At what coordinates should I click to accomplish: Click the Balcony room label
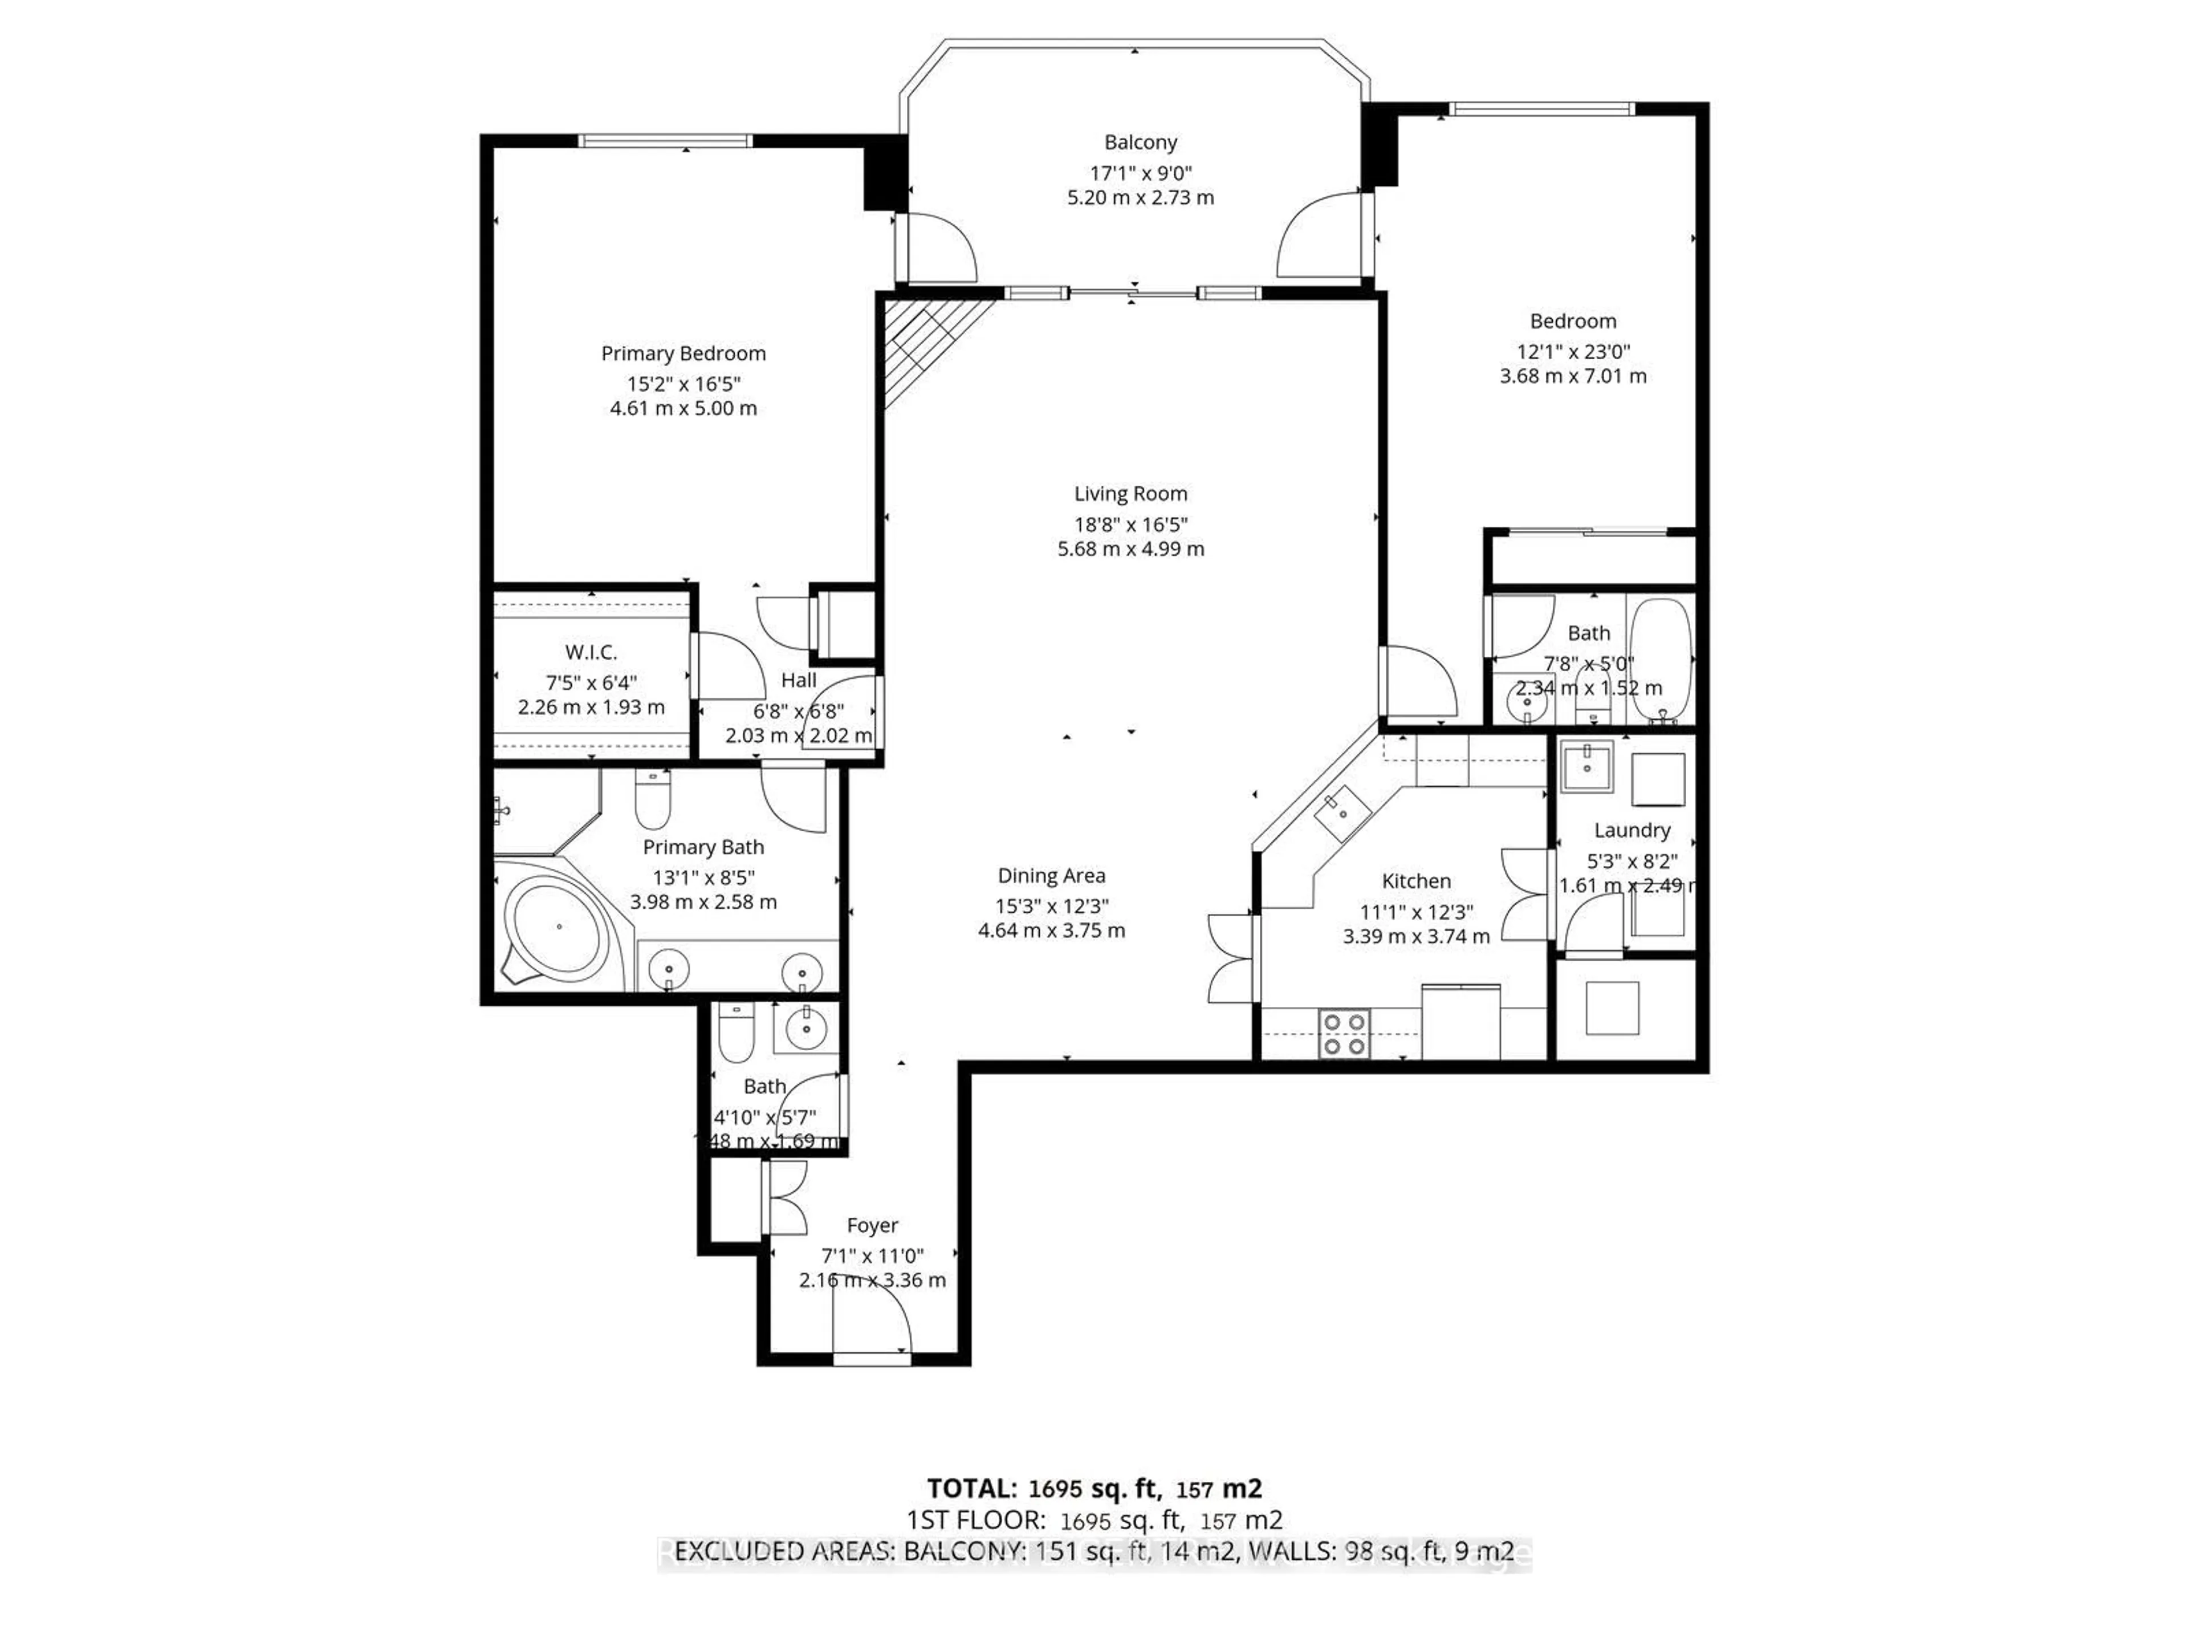pos(1140,143)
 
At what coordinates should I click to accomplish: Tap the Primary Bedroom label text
pos(683,353)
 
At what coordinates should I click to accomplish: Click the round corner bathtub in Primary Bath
pos(559,928)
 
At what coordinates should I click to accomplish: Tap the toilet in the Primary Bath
pos(652,802)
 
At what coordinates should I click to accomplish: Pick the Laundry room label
pos(1632,830)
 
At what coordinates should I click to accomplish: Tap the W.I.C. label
pos(591,652)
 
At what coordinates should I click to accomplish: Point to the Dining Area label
pos(1051,876)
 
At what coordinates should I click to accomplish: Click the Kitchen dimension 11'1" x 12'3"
pos(1416,912)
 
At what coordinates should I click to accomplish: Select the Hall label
pos(799,680)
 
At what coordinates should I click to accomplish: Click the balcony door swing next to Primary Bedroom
pos(940,247)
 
